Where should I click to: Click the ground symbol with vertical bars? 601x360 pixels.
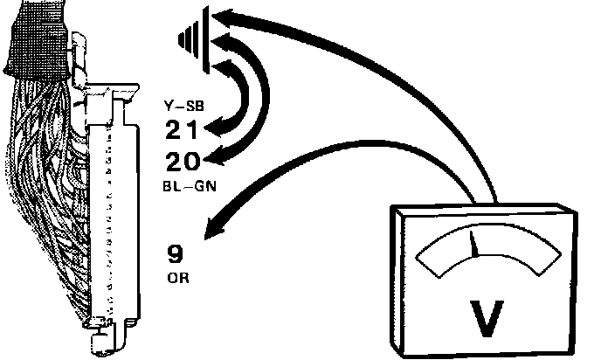194,38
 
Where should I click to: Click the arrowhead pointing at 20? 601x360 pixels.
212,157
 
